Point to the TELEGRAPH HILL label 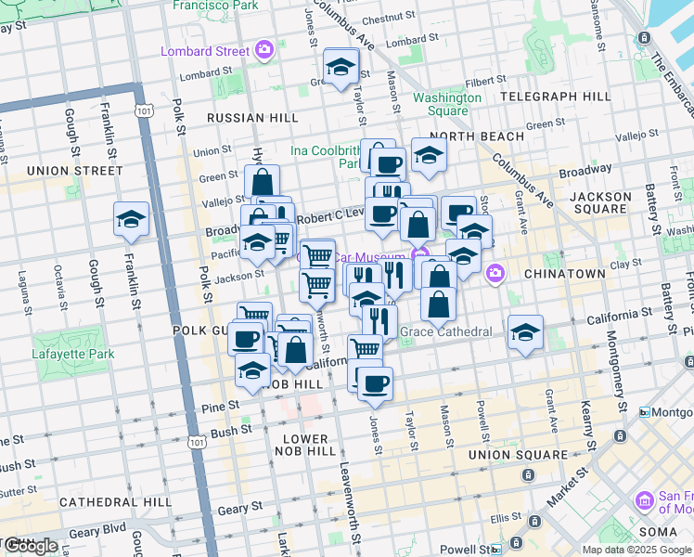pyautogui.click(x=555, y=97)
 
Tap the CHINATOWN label pyautogui.click(x=564, y=274)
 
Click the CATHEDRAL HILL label pyautogui.click(x=114, y=501)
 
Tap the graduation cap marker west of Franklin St pyautogui.click(x=132, y=220)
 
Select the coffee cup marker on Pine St pyautogui.click(x=374, y=383)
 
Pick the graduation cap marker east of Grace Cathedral pyautogui.click(x=525, y=332)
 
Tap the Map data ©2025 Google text pyautogui.click(x=636, y=550)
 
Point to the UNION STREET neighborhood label pyautogui.click(x=74, y=171)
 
